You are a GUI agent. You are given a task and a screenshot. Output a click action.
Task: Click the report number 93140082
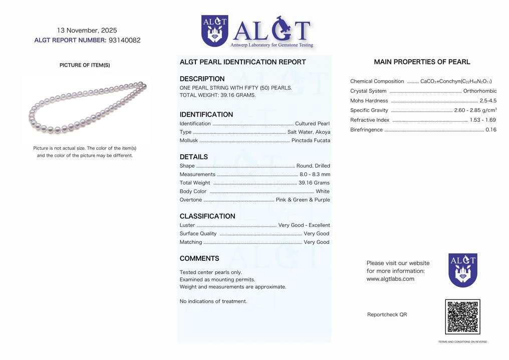tap(124, 41)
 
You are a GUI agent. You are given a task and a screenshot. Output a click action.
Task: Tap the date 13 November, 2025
tap(87, 31)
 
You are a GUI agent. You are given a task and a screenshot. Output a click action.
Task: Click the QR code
tap(462, 317)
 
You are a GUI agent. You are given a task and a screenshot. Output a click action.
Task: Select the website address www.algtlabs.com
tap(390, 279)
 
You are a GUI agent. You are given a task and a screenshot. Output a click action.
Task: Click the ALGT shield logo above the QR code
tap(462, 270)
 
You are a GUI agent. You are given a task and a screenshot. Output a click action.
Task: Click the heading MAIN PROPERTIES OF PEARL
tap(422, 62)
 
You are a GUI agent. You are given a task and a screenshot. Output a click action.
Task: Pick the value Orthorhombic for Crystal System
tap(480, 91)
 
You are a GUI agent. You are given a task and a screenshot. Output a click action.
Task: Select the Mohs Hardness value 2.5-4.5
tap(488, 101)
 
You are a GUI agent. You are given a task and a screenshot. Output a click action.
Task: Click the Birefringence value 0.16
tap(491, 130)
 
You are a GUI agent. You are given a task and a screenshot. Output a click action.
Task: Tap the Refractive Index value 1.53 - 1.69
tap(482, 120)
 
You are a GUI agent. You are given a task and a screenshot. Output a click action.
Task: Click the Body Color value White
tap(323, 191)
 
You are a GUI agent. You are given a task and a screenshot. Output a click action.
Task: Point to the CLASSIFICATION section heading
tap(207, 216)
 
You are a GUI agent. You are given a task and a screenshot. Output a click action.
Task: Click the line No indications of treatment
tap(213, 301)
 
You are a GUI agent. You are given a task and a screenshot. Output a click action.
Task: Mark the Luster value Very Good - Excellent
tap(304, 225)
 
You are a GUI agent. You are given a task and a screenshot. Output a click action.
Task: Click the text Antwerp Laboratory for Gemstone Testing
tap(272, 45)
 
